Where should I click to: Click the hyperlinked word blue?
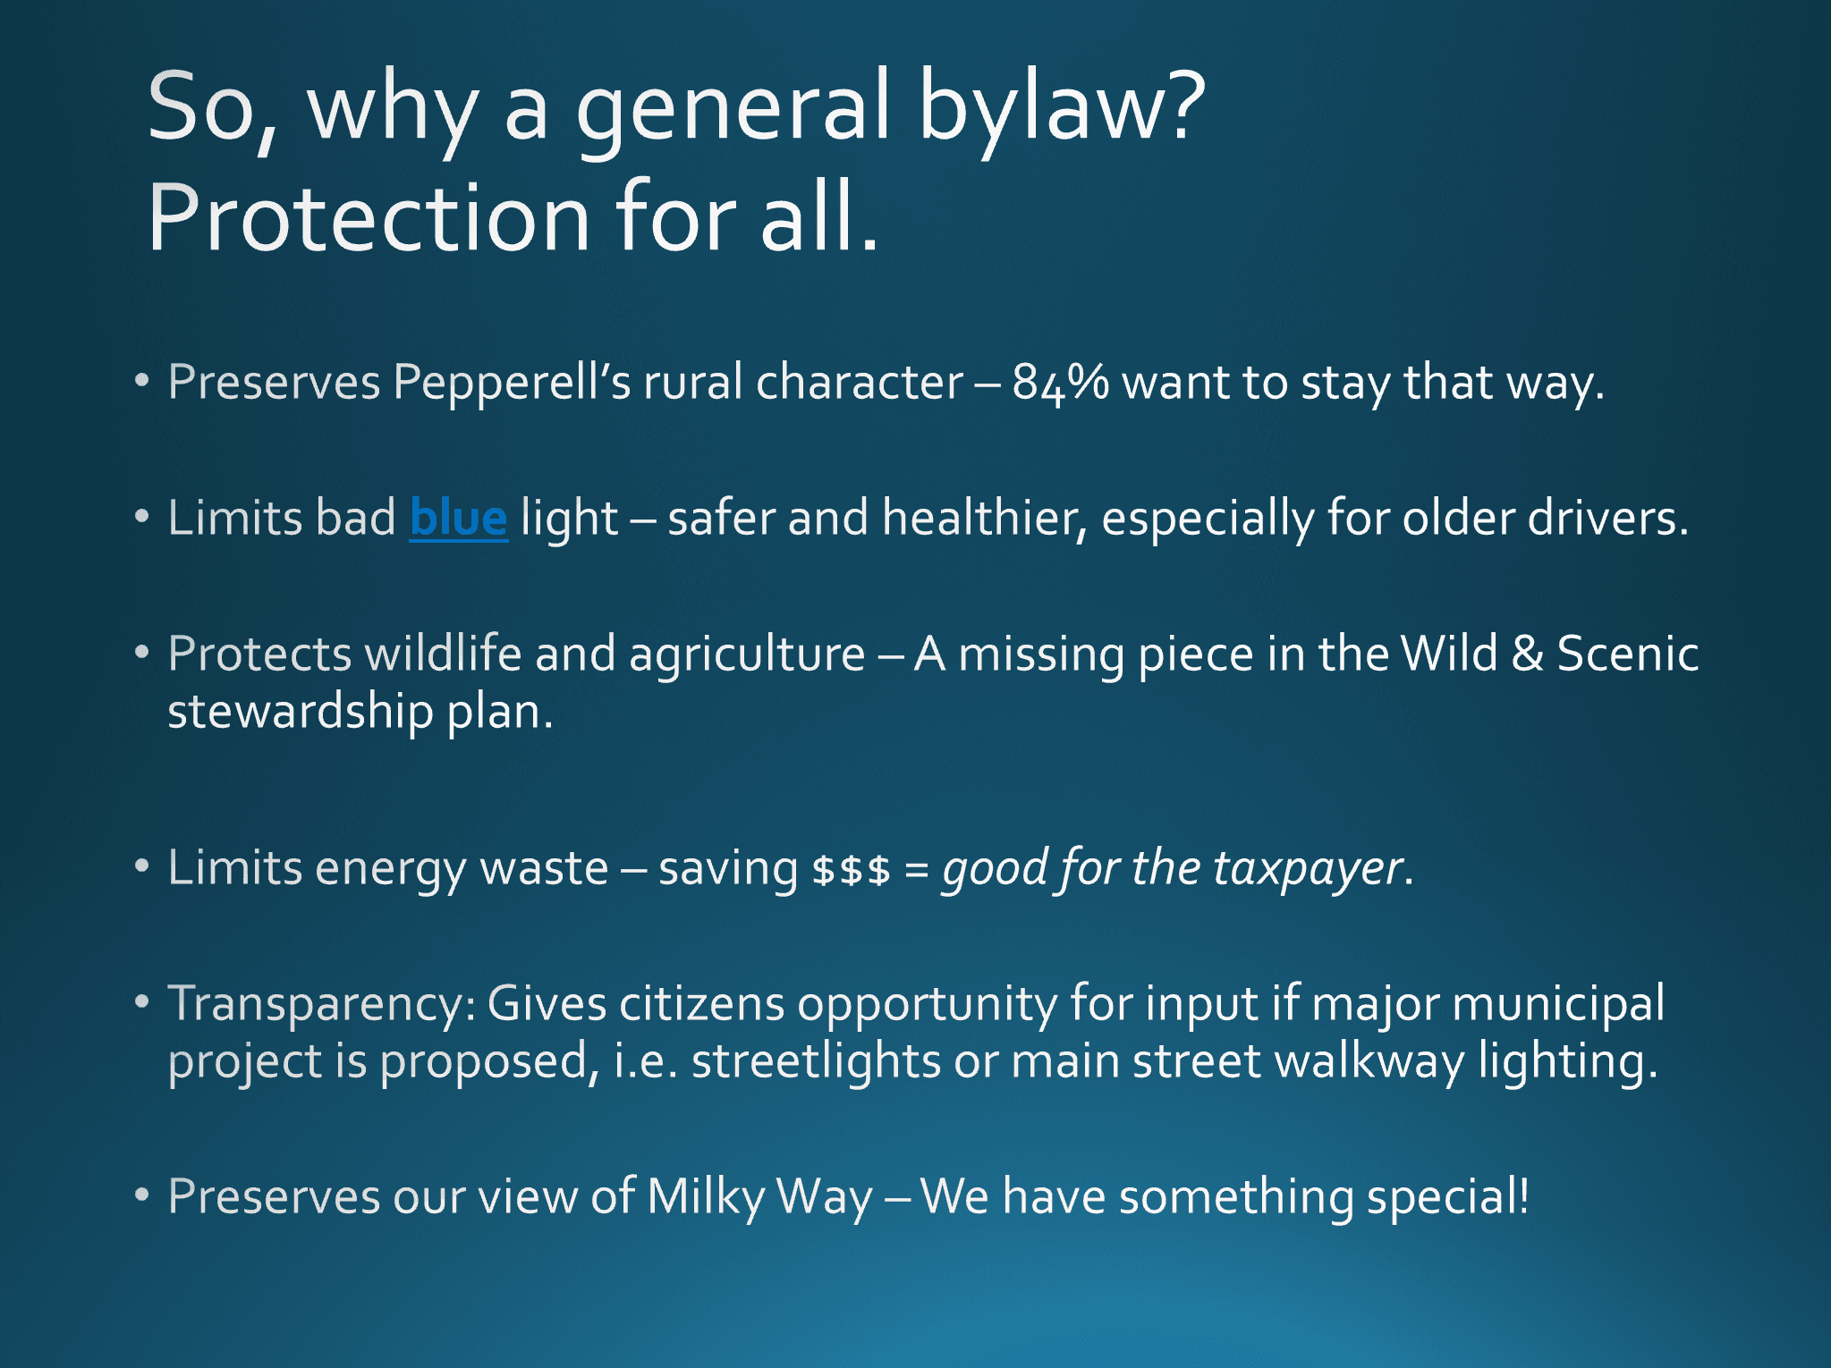458,518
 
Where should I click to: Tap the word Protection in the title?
369,217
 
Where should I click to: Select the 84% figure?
1061,383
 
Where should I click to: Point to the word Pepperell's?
512,383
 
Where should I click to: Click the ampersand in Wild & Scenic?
1527,654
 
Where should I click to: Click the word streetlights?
816,1061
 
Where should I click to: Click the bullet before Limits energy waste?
141,866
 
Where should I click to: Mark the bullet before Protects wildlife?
141,652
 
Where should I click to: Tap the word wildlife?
444,653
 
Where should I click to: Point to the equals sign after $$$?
916,869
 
